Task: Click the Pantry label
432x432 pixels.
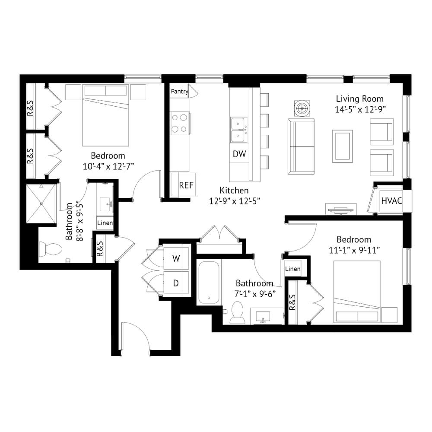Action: pos(180,91)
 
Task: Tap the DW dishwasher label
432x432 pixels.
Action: pos(239,154)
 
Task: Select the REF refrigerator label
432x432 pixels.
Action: pos(186,185)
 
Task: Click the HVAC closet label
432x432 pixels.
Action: pos(391,200)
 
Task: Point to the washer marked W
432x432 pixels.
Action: pos(176,258)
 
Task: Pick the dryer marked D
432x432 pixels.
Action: pos(176,283)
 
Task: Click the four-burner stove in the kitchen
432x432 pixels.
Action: pos(180,123)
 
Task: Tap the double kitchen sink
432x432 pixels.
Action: pos(239,130)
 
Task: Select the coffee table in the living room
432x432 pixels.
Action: pos(343,146)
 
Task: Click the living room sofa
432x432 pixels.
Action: pos(301,146)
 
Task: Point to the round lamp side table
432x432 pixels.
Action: pos(302,108)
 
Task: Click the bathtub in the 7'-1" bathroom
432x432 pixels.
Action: pos(209,283)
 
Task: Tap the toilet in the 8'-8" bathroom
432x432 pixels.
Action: pos(51,249)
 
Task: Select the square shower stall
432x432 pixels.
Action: pos(41,203)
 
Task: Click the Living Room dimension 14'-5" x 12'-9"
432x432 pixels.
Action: pos(360,109)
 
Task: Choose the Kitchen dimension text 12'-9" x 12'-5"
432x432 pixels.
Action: pos(235,201)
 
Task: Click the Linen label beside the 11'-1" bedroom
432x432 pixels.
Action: pos(292,269)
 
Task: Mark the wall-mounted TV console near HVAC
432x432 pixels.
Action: pos(341,209)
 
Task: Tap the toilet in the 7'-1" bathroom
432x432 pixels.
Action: pos(238,312)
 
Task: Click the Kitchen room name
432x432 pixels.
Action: pos(234,191)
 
